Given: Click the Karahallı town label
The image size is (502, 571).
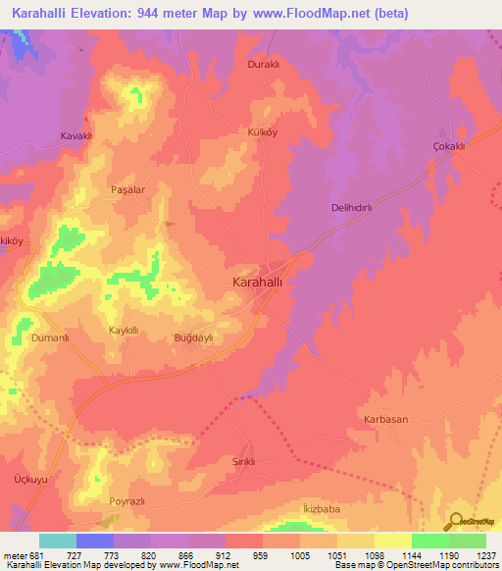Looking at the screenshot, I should pos(260,283).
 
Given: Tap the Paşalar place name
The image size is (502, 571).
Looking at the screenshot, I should pos(127,189).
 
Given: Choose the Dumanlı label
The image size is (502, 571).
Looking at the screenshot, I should pos(51,337).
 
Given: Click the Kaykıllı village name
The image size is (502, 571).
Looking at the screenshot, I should pos(127,331).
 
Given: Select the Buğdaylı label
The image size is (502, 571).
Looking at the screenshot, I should pos(193,337).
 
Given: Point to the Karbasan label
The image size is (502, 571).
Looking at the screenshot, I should pos(386,419).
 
